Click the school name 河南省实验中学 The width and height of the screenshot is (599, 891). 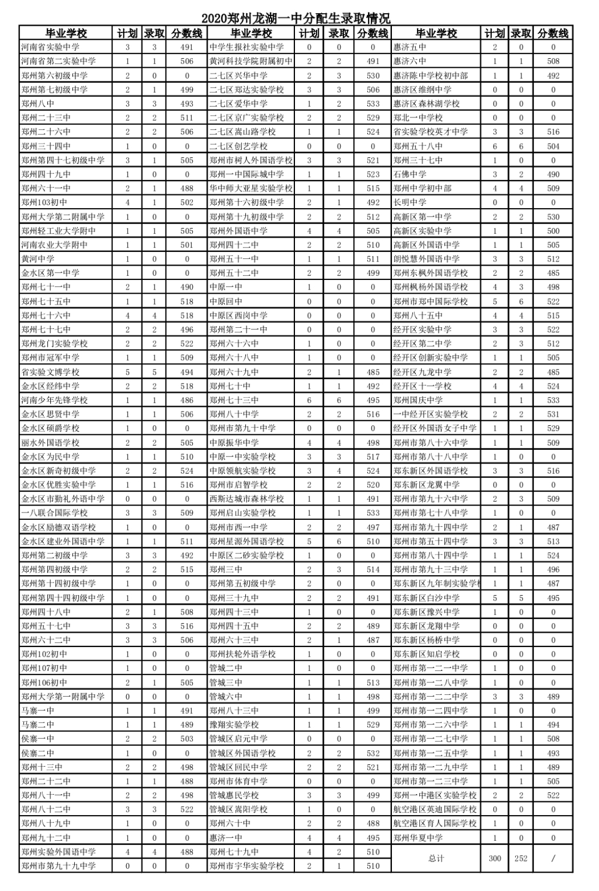50,47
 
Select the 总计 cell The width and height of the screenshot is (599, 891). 436,859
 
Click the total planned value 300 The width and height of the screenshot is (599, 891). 495,859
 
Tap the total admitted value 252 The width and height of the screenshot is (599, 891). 521,859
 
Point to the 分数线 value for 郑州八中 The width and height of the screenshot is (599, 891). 187,104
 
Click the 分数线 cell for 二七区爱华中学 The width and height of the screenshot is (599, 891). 373,104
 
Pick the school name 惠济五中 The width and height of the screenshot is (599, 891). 410,47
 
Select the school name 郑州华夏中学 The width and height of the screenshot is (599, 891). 418,837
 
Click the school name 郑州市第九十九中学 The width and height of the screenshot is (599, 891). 58,866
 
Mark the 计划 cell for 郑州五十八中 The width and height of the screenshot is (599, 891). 495,146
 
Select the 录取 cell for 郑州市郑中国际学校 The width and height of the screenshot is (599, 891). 521,302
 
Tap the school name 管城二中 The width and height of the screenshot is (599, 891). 226,668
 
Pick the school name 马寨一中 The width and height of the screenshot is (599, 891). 38,710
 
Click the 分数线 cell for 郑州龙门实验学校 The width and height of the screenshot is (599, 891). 187,344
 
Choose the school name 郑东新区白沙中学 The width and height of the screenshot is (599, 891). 426,597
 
